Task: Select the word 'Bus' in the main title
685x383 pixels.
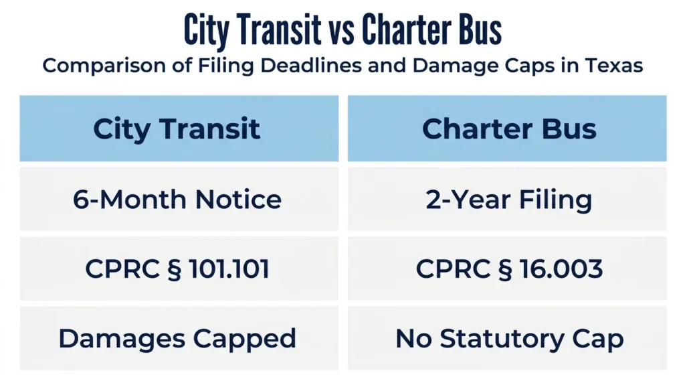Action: click(x=480, y=29)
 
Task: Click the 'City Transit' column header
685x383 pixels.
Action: click(x=179, y=128)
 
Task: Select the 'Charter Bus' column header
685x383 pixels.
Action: click(x=507, y=128)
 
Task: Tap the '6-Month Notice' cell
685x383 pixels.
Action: click(x=179, y=199)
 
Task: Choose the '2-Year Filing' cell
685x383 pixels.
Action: click(x=507, y=199)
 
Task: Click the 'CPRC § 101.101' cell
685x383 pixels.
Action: click(x=179, y=269)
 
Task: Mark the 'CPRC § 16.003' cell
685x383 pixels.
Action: click(x=507, y=269)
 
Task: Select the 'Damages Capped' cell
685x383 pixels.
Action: click(x=179, y=338)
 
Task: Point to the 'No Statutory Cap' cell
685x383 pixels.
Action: click(x=507, y=338)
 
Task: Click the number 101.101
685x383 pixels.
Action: click(x=229, y=269)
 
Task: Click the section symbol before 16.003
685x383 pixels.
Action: click(x=505, y=269)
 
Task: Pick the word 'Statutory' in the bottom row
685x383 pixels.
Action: click(x=502, y=339)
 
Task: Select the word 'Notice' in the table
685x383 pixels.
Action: click(x=238, y=200)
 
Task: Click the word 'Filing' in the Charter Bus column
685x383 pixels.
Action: click(x=555, y=200)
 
